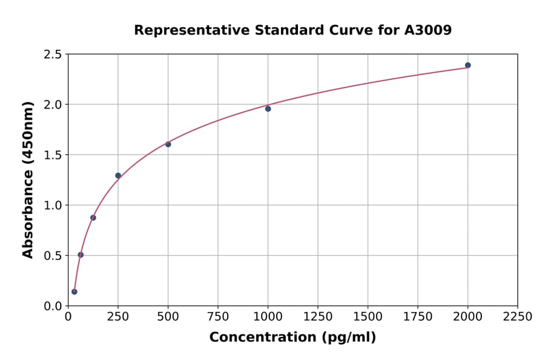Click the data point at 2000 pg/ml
pyautogui.click(x=467, y=65)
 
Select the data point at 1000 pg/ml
pyautogui.click(x=268, y=108)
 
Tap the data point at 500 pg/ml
pyautogui.click(x=168, y=144)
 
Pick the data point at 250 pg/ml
pyautogui.click(x=118, y=176)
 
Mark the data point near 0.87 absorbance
pyautogui.click(x=93, y=218)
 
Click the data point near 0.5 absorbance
pyautogui.click(x=81, y=255)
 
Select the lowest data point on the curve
pyautogui.click(x=74, y=292)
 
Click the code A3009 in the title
pyautogui.click(x=428, y=30)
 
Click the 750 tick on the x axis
pyautogui.click(x=218, y=317)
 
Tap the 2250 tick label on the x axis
pyautogui.click(x=518, y=317)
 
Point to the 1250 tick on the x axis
pyautogui.click(x=318, y=317)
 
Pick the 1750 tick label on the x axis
pyautogui.click(x=418, y=317)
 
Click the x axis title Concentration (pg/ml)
pyautogui.click(x=292, y=338)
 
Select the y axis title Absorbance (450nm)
pyautogui.click(x=28, y=179)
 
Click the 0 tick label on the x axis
pyautogui.click(x=68, y=317)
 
